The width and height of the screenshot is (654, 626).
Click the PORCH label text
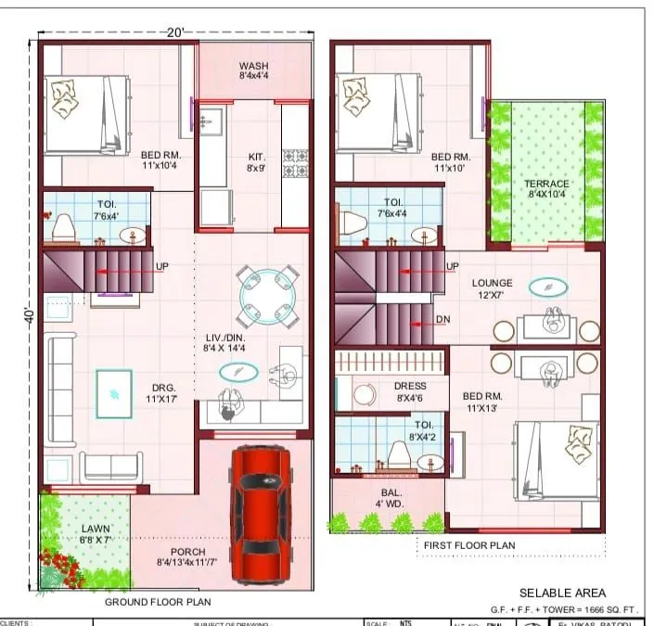click(187, 553)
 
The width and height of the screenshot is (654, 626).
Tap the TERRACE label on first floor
click(546, 189)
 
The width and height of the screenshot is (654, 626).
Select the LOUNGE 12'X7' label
click(492, 287)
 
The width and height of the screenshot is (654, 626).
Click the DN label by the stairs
click(443, 321)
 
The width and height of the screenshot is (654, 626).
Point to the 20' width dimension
click(175, 32)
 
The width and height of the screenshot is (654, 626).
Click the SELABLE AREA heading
click(562, 593)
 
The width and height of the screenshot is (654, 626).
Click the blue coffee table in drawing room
click(114, 393)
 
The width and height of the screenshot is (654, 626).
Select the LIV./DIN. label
click(225, 342)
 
